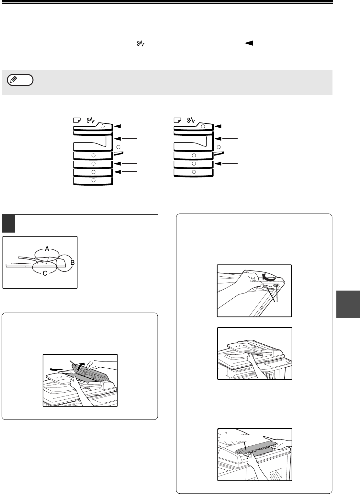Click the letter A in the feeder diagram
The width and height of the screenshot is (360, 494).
(47, 249)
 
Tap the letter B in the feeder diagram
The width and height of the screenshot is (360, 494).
(72, 263)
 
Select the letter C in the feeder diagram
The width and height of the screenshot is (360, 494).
(45, 273)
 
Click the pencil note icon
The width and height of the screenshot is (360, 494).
(20, 80)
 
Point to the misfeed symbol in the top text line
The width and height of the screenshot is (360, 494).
(141, 43)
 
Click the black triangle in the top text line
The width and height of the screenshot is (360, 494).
(249, 43)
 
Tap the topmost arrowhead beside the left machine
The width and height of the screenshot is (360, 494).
(118, 126)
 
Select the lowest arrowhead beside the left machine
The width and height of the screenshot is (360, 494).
(118, 172)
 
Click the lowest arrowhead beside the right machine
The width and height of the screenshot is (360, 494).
(218, 164)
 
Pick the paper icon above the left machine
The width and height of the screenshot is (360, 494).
(77, 120)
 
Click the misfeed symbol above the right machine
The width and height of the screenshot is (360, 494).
(191, 120)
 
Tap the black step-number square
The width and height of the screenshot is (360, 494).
(8, 224)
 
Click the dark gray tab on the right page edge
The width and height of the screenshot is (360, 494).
(348, 304)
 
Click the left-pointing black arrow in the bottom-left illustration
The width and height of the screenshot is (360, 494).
(56, 369)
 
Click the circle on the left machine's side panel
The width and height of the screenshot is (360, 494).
(118, 147)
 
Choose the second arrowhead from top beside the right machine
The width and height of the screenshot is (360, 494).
(218, 139)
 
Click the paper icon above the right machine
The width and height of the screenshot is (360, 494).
(177, 120)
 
